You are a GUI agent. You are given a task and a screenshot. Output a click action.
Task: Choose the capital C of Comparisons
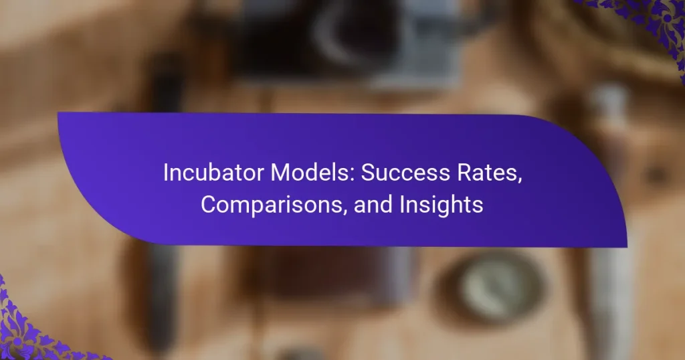pyautogui.click(x=208, y=205)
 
